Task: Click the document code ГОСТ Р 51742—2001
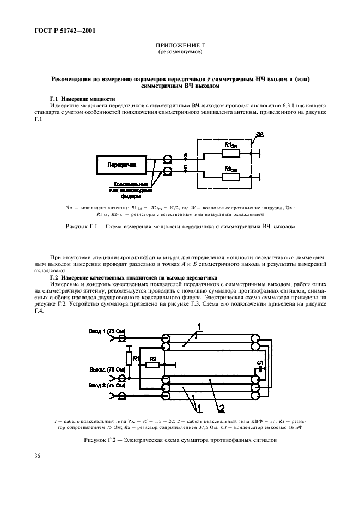point(57,30)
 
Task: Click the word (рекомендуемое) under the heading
point(179,53)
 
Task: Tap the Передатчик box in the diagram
point(122,163)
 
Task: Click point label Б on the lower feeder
point(186,167)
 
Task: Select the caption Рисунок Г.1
point(179,227)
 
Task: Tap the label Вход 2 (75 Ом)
point(108,385)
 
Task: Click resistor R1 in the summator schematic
point(129,358)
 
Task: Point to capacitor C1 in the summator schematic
point(260,367)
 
